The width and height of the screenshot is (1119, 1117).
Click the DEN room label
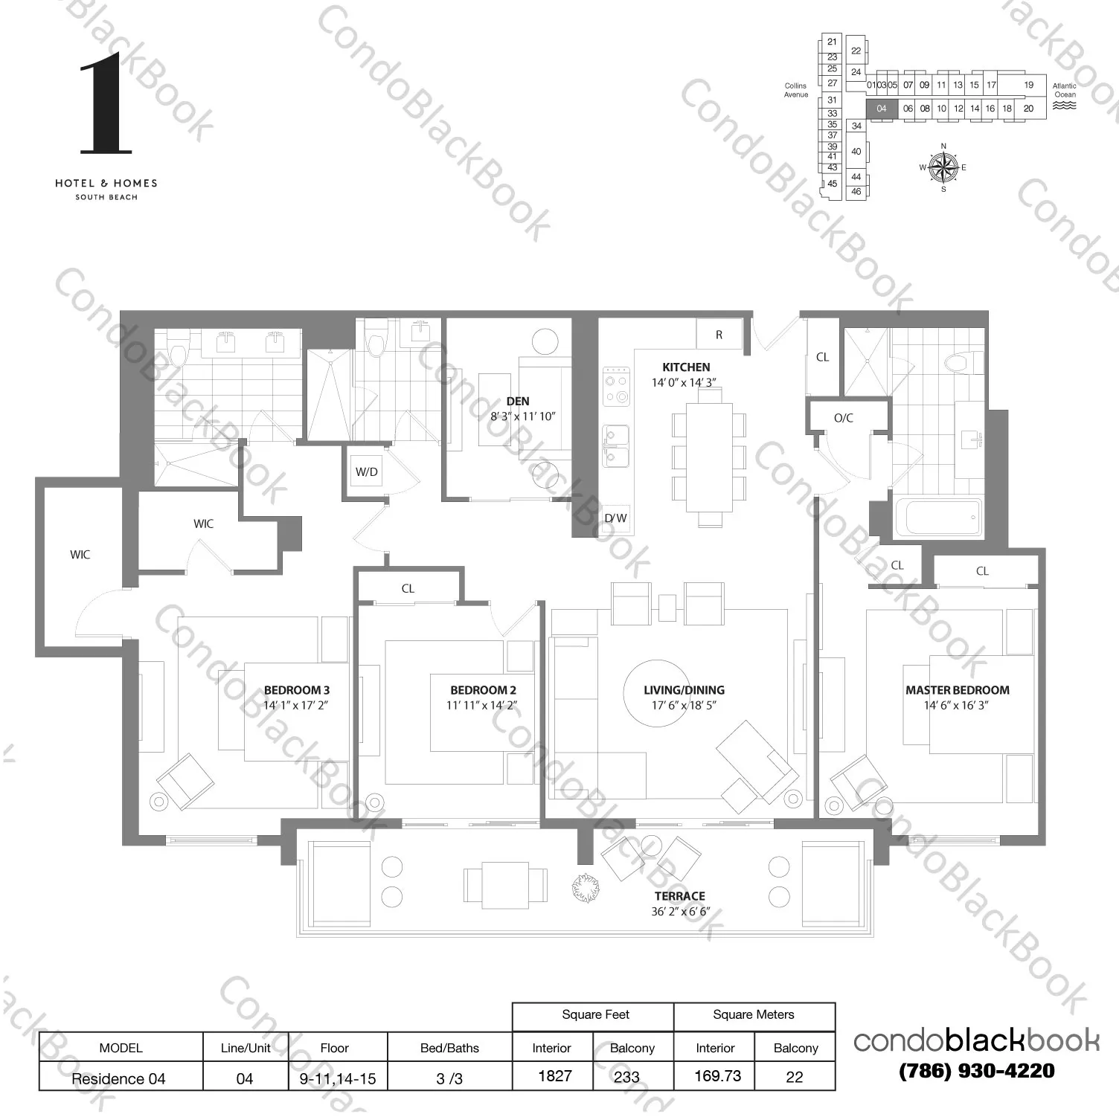pos(518,402)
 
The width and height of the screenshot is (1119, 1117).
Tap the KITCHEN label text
pos(685,367)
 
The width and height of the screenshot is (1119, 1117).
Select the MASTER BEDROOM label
pos(957,690)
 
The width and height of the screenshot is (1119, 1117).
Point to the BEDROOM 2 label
pos(482,690)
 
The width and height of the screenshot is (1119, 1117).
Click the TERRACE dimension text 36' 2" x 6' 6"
pos(685,912)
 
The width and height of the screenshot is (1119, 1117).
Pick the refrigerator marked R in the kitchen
pos(719,335)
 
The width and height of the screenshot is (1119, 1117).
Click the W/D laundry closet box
pos(366,472)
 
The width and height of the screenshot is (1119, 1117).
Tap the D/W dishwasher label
pos(615,518)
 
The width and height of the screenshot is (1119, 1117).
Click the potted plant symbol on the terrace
pos(585,886)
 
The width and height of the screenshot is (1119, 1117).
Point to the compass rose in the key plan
pos(943,167)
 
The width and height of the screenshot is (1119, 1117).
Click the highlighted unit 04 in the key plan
pos(882,109)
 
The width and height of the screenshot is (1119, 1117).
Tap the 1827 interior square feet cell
pos(554,1076)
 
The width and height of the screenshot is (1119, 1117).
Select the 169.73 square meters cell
pos(717,1076)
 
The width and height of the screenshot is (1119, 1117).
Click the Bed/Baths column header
pos(449,1048)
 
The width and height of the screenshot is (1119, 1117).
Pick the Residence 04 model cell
pos(119,1078)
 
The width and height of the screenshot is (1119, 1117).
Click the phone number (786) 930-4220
pos(976,1071)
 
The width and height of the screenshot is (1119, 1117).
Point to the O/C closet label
pos(843,418)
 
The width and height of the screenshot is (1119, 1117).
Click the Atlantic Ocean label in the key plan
pos(1064,91)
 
